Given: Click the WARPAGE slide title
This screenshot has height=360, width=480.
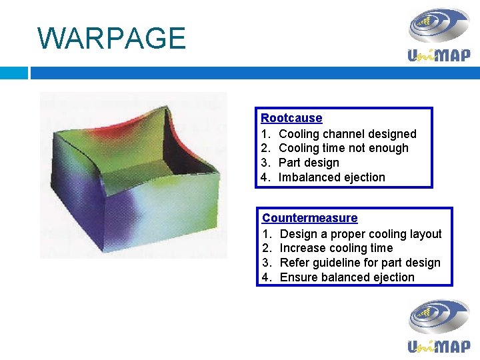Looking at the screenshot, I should tap(111, 38).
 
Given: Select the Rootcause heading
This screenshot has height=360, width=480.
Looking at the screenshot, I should tap(291, 118).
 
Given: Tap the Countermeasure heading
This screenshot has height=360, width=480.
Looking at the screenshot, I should tap(309, 218).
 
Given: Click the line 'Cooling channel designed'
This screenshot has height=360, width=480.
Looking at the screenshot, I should tap(347, 134).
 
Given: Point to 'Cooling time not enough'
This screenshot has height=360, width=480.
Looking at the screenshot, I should tap(343, 148).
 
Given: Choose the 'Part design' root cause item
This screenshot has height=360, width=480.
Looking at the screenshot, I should tap(309, 163).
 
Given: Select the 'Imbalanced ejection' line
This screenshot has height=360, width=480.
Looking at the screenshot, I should tap(331, 177).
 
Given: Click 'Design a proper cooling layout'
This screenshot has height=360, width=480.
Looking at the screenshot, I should tap(360, 234).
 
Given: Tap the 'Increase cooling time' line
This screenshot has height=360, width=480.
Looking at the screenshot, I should tap(336, 248).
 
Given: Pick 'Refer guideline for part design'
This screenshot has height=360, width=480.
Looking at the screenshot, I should tap(360, 263).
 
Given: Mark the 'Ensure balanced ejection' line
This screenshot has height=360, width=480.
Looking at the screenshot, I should tap(347, 277).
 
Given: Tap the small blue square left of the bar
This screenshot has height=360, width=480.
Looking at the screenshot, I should tap(13, 72).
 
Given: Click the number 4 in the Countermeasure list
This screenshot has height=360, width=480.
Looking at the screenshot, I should tap(266, 277).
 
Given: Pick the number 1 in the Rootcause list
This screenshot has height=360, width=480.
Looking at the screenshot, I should tap(265, 134).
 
